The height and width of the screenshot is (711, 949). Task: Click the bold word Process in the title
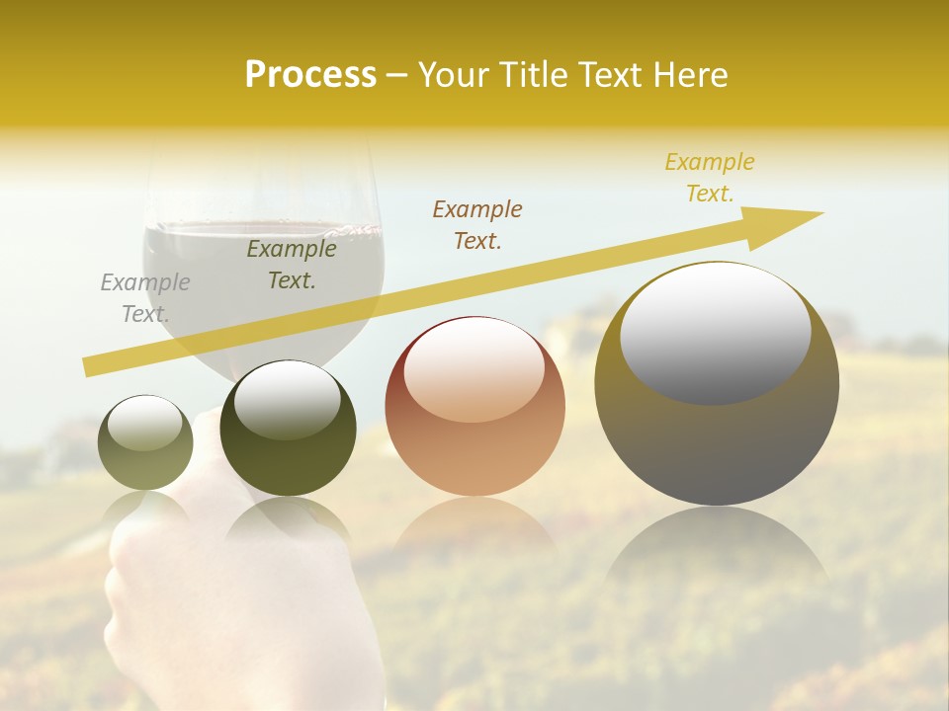pos(310,75)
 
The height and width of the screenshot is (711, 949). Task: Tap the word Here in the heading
pos(690,75)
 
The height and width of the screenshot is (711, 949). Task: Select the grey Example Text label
pos(145,298)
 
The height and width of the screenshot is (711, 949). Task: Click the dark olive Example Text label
pos(292,265)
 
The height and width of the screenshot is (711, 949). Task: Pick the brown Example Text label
pos(477,224)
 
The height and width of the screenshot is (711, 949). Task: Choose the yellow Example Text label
pos(710,178)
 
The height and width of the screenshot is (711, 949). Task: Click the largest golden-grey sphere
pos(717,434)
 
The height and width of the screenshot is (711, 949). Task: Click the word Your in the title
pos(454,75)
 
